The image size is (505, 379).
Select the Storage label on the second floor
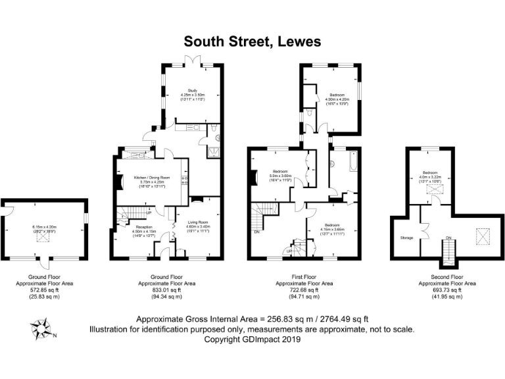(x=404, y=237)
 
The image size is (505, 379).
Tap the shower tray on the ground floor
(x=214, y=152)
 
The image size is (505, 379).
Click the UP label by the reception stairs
(x=149, y=212)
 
